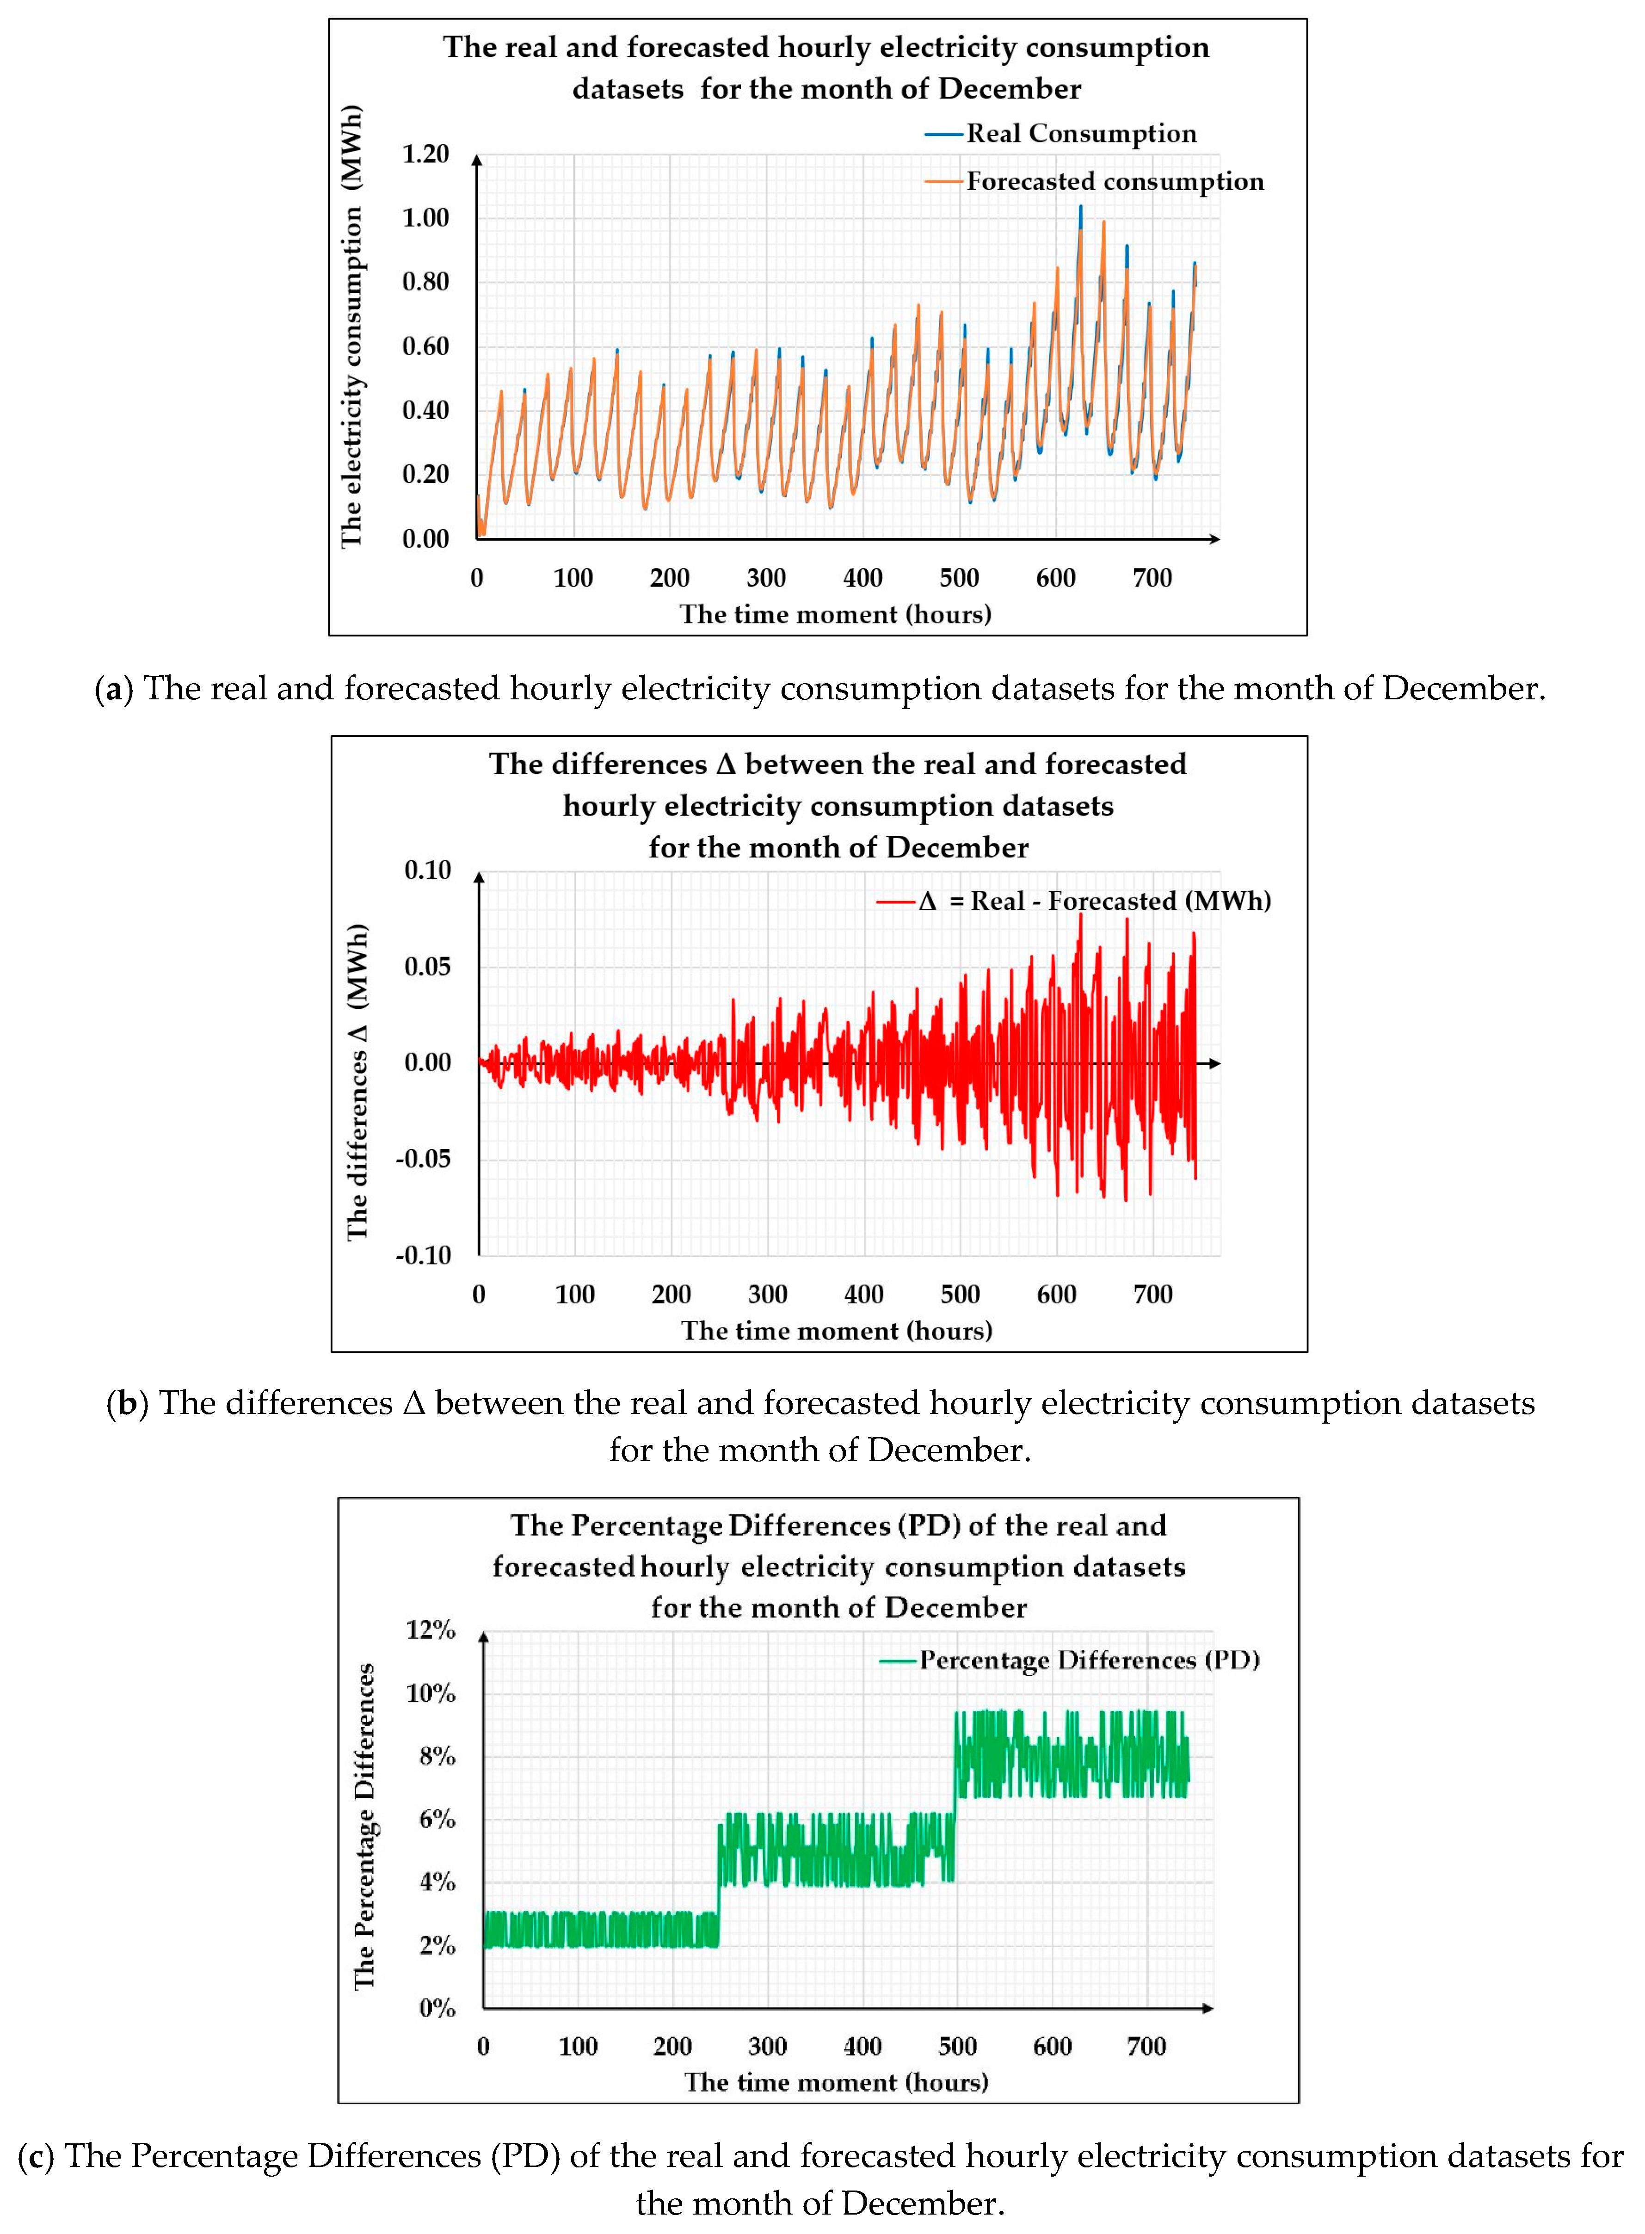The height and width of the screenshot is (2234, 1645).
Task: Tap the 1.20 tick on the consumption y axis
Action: [425, 154]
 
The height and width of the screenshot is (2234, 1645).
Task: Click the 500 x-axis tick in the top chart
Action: [959, 578]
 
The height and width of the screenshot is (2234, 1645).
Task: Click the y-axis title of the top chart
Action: [351, 327]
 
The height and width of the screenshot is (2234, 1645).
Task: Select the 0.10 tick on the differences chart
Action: [427, 870]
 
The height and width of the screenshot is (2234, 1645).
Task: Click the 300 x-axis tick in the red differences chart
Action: [768, 1295]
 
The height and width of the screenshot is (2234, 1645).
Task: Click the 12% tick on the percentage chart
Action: [430, 1630]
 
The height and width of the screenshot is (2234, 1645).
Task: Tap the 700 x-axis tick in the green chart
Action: [1146, 2047]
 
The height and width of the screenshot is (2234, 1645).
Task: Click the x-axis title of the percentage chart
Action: [837, 2083]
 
